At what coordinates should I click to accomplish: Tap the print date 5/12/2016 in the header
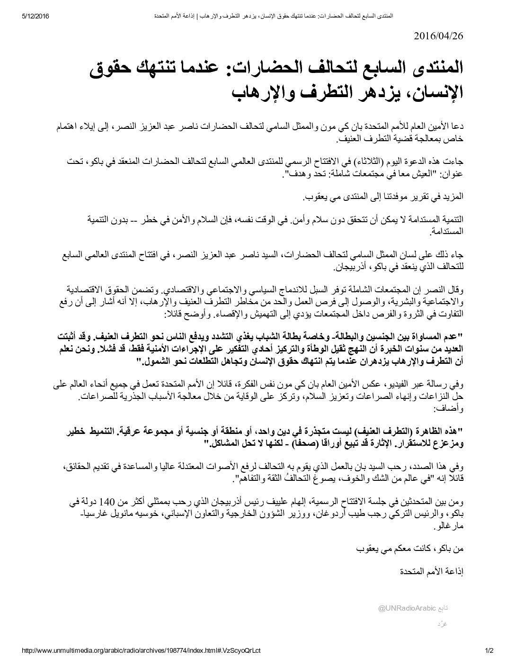[x=36, y=17]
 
